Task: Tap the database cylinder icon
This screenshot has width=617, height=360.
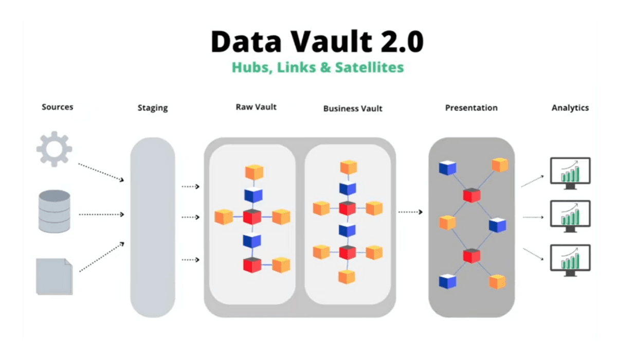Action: tap(54, 211)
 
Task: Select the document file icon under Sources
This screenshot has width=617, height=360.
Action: tap(54, 276)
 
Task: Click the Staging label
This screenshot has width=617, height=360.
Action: tap(153, 108)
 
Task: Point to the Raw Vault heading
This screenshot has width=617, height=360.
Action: tap(256, 107)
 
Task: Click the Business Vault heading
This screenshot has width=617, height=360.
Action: tap(353, 109)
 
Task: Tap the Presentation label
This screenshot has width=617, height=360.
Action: tap(471, 108)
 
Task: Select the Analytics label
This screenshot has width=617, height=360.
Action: tap(570, 108)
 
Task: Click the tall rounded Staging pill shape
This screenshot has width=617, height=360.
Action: tap(153, 226)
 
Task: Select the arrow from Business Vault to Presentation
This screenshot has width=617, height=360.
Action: tap(411, 212)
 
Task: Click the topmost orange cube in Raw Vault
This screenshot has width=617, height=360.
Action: tap(254, 172)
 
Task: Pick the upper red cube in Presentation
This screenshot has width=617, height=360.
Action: tap(471, 195)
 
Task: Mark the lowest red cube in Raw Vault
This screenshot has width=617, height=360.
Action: tap(252, 264)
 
